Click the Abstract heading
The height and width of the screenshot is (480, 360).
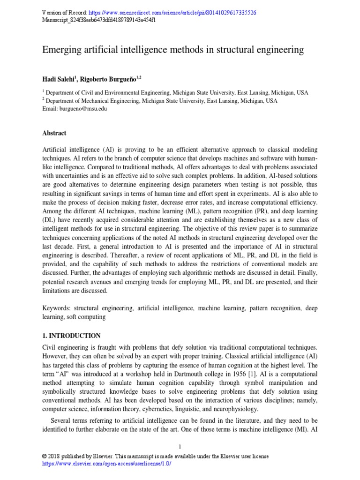(54, 133)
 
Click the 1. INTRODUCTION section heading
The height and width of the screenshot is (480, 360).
(71, 336)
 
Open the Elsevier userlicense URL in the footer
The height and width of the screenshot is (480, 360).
(106, 463)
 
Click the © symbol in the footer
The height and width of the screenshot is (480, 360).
(45, 456)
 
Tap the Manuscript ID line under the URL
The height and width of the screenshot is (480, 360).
(99, 20)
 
